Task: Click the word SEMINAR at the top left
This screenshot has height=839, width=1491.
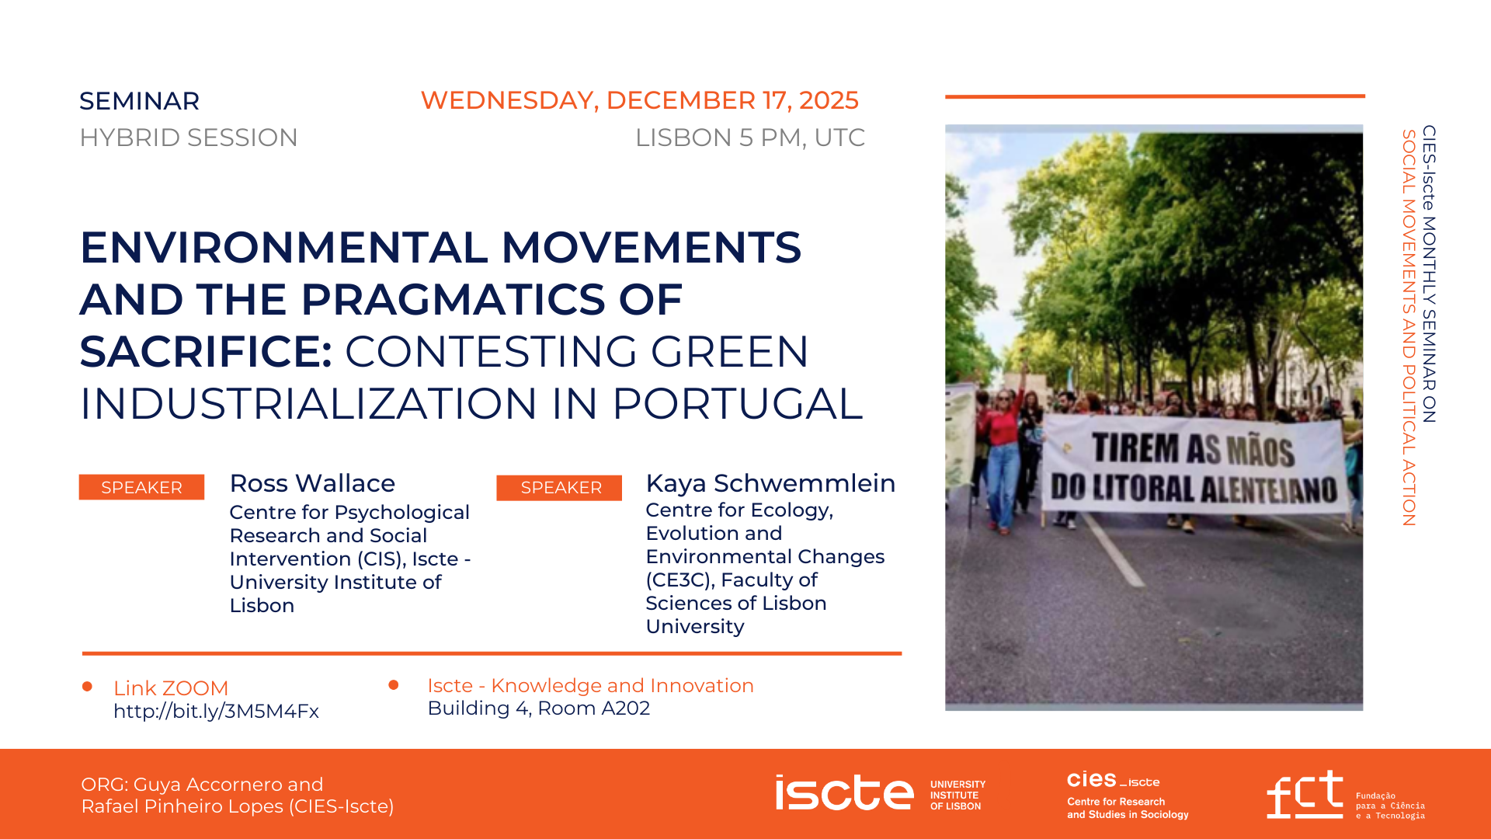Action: pos(140,101)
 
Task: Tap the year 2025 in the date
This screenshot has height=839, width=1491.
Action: pos(829,100)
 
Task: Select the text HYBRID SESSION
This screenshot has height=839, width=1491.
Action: pos(189,138)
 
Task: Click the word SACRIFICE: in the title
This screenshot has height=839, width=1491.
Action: pos(207,351)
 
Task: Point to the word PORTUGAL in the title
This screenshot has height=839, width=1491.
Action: pos(738,403)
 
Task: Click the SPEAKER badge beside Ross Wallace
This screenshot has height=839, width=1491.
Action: pos(141,487)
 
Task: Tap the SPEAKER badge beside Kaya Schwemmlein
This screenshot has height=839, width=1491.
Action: pos(559,488)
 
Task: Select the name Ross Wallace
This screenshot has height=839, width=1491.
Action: pos(312,483)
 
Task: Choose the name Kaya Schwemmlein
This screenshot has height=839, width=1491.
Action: pos(770,483)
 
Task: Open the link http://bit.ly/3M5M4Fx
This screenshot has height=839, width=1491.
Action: pos(216,712)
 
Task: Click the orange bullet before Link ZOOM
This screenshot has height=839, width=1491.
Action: pos(88,687)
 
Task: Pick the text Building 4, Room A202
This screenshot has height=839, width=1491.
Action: pos(539,708)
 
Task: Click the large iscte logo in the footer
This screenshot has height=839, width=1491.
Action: pos(844,792)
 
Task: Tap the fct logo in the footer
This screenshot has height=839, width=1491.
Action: pos(1305,794)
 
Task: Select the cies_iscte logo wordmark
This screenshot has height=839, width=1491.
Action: pos(1113,779)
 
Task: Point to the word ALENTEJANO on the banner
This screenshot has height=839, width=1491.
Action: pos(1269,490)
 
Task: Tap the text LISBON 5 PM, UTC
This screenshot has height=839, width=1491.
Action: pos(750,138)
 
